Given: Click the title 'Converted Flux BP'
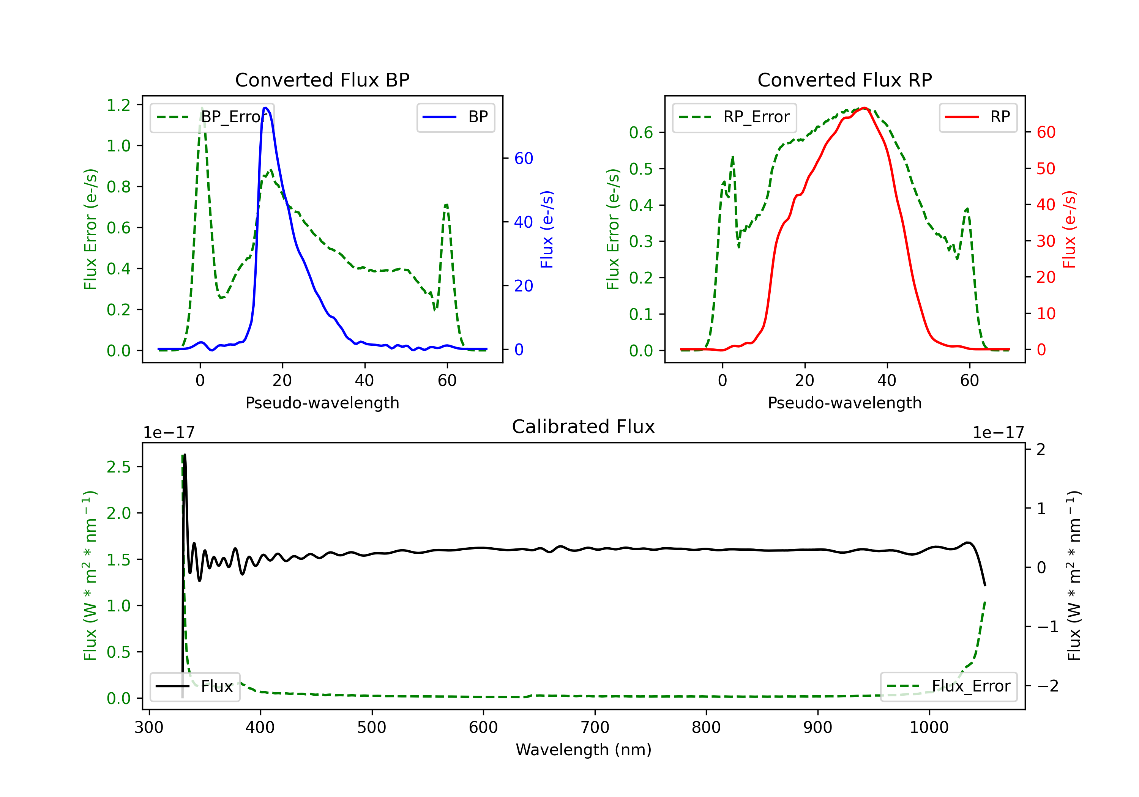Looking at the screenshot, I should [x=322, y=80].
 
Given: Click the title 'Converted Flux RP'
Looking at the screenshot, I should [x=844, y=80].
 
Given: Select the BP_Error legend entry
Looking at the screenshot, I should [x=212, y=117].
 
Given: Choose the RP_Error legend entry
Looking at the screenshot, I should [x=734, y=117].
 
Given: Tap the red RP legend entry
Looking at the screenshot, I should [x=978, y=117].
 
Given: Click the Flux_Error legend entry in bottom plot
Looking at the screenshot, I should [x=948, y=687].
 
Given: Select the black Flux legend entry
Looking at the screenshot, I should [x=195, y=687].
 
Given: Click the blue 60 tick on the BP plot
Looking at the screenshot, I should [x=523, y=158].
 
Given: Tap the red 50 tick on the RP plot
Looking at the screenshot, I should [x=1046, y=169].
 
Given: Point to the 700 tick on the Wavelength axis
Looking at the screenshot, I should [x=595, y=728].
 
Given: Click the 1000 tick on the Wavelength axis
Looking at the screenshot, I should [x=929, y=728].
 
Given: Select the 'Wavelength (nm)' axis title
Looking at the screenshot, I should [x=584, y=750].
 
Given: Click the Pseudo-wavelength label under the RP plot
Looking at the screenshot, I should [x=844, y=403].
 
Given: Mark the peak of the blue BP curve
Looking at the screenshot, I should [x=266, y=108].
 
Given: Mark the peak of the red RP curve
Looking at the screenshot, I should [x=864, y=108].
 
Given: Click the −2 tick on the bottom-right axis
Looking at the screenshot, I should [x=1047, y=686].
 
